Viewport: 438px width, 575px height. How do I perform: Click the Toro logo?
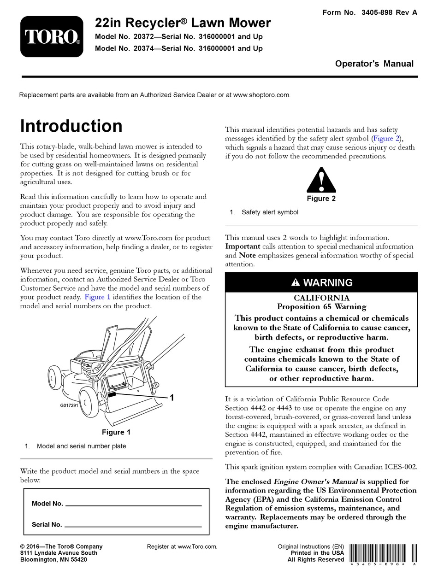tap(52, 37)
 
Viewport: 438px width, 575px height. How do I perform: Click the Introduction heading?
tap(71, 126)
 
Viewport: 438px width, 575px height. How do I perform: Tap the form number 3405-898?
tap(373, 12)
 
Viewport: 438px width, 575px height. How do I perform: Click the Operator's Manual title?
tap(374, 64)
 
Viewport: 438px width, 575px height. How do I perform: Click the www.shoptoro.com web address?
tap(261, 95)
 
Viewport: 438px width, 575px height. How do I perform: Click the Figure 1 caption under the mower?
tap(116, 432)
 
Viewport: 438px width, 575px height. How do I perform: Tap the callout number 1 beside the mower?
tap(172, 397)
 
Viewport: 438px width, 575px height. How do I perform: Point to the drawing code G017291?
tap(70, 406)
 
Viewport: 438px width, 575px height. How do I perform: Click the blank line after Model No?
tap(134, 505)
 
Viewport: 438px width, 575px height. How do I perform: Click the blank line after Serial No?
tap(134, 526)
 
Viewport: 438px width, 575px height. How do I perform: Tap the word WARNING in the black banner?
tap(328, 283)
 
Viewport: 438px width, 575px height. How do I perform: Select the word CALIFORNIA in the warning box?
tap(321, 298)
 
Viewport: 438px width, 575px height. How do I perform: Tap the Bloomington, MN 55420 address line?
tap(53, 560)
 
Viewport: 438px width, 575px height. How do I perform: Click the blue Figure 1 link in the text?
tap(97, 297)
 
